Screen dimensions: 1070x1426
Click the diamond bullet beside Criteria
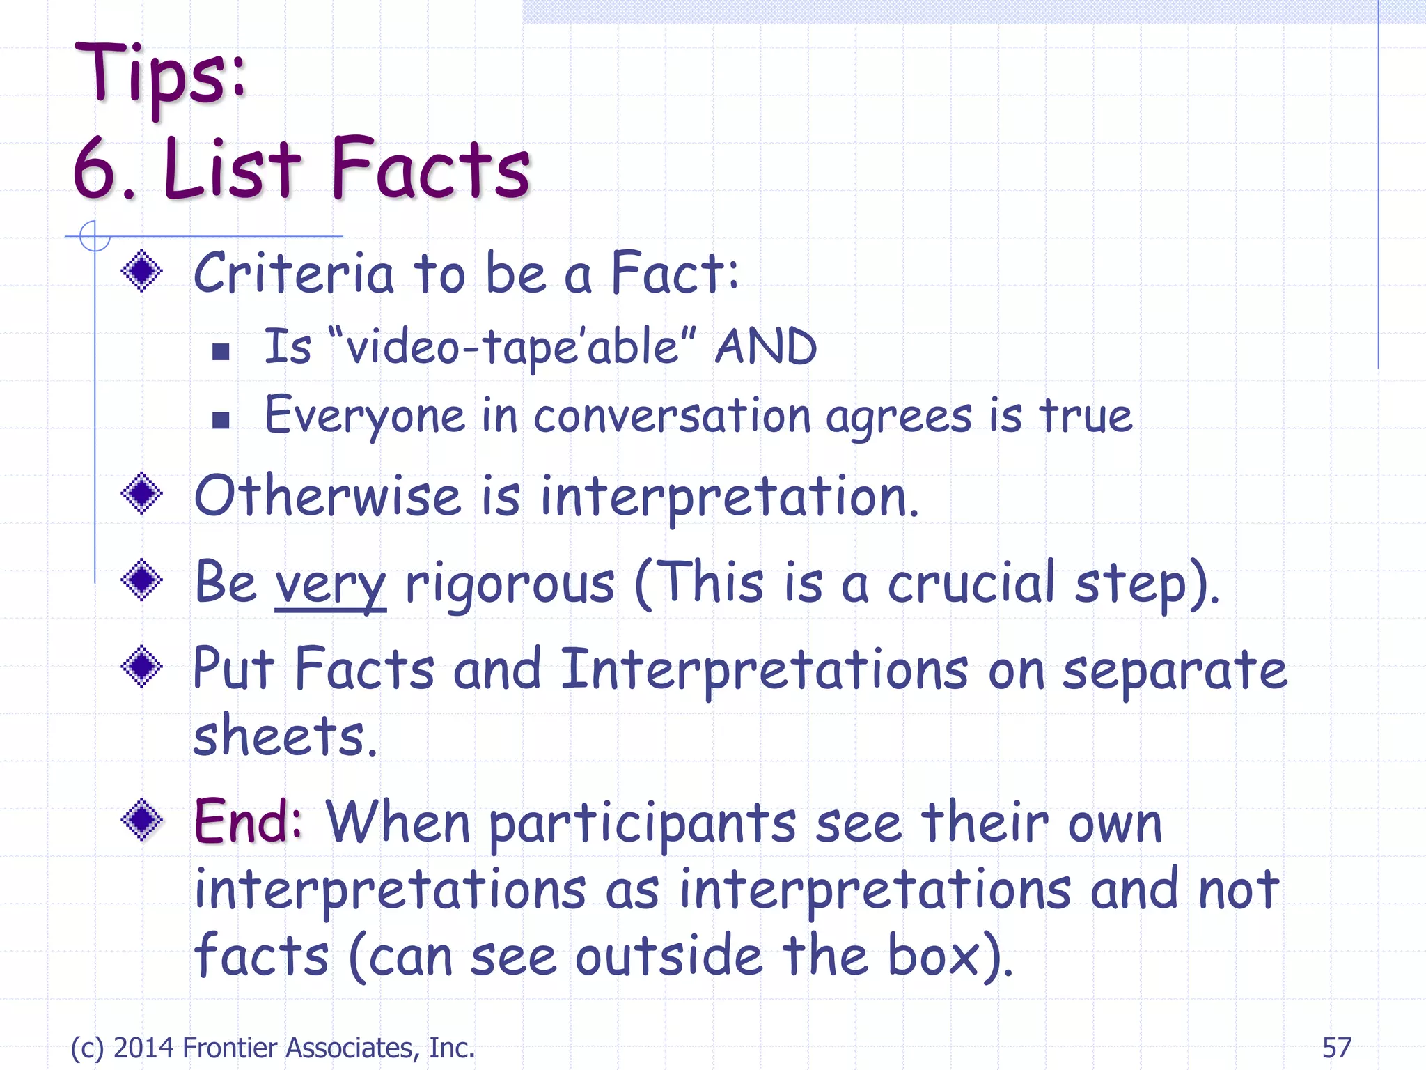142,271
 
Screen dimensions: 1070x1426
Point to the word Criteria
293,274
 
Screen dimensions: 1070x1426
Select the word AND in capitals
766,346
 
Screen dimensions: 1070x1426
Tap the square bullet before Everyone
221,419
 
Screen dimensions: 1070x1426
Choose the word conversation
672,416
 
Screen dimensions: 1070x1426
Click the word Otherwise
327,497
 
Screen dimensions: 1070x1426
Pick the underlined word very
330,584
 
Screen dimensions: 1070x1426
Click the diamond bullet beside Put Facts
142,667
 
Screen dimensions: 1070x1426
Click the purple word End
246,821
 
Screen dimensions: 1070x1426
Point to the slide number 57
1336,1048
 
